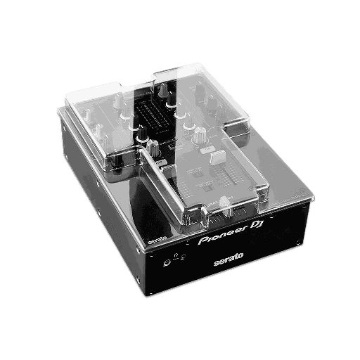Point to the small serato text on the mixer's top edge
(156, 240)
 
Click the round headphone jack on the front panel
(168, 264)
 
